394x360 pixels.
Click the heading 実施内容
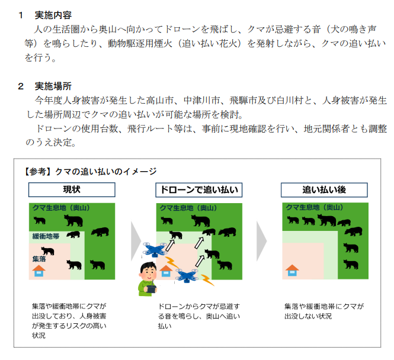tap(53, 15)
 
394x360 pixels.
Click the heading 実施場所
tap(53, 86)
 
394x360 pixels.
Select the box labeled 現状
tap(72, 189)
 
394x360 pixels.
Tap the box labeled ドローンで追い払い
tap(198, 190)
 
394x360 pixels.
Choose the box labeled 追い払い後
tap(324, 190)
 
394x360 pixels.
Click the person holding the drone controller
tap(148, 279)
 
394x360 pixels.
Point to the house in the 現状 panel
tap(39, 271)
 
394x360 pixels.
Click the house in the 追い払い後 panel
tap(292, 271)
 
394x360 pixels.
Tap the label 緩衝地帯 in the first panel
tap(46, 236)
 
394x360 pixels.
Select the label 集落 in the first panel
tap(39, 259)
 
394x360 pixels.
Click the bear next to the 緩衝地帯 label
tap(73, 234)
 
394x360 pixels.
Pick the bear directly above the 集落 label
tap(48, 251)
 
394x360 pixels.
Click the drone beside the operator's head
tap(155, 250)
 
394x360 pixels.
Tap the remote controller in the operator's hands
tap(151, 289)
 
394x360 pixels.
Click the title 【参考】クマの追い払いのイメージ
tap(89, 172)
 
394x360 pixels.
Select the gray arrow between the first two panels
tap(136, 241)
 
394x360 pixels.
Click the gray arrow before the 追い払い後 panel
tap(261, 241)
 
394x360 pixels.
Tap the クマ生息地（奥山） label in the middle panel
tap(188, 208)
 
